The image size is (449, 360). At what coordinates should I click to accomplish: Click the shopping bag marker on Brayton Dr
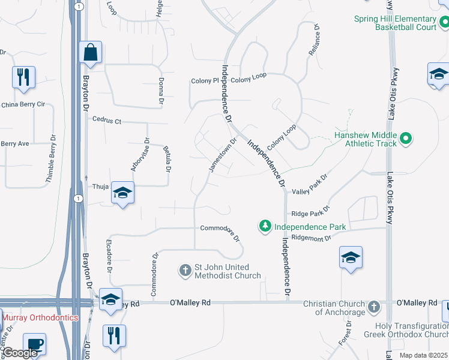pyautogui.click(x=90, y=53)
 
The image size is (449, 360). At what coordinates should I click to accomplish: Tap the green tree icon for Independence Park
pyautogui.click(x=265, y=226)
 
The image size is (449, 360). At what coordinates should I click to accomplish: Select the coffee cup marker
pyautogui.click(x=35, y=344)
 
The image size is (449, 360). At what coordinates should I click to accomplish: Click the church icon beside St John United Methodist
pyautogui.click(x=185, y=271)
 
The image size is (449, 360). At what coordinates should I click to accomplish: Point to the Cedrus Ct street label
pyautogui.click(x=107, y=120)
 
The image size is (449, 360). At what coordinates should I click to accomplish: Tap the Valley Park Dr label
pyautogui.click(x=310, y=185)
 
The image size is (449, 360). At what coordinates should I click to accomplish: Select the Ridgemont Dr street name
pyautogui.click(x=311, y=238)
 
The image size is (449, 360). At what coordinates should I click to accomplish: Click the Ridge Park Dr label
pyautogui.click(x=310, y=212)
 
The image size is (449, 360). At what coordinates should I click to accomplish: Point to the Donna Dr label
pyautogui.click(x=161, y=90)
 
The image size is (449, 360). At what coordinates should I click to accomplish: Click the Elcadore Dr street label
pyautogui.click(x=109, y=257)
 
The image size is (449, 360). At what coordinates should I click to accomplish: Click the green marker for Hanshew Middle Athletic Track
pyautogui.click(x=406, y=139)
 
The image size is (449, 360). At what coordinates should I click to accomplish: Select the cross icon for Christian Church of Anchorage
pyautogui.click(x=373, y=307)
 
